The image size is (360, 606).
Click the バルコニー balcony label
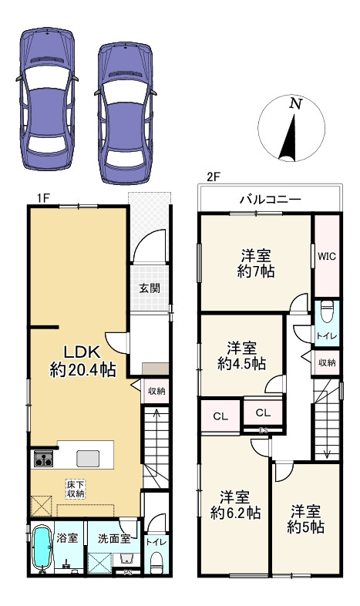coord(269,200)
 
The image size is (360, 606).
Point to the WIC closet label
coord(326,255)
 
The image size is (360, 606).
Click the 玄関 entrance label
coord(149,289)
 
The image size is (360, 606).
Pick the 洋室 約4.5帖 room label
coord(241,354)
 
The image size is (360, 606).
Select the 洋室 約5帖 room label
coord(307,520)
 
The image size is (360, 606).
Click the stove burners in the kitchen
coord(42,460)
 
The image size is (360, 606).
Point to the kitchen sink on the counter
coord(87,458)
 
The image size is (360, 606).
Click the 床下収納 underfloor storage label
coord(74,487)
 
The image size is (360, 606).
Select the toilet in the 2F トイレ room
coord(326,313)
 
